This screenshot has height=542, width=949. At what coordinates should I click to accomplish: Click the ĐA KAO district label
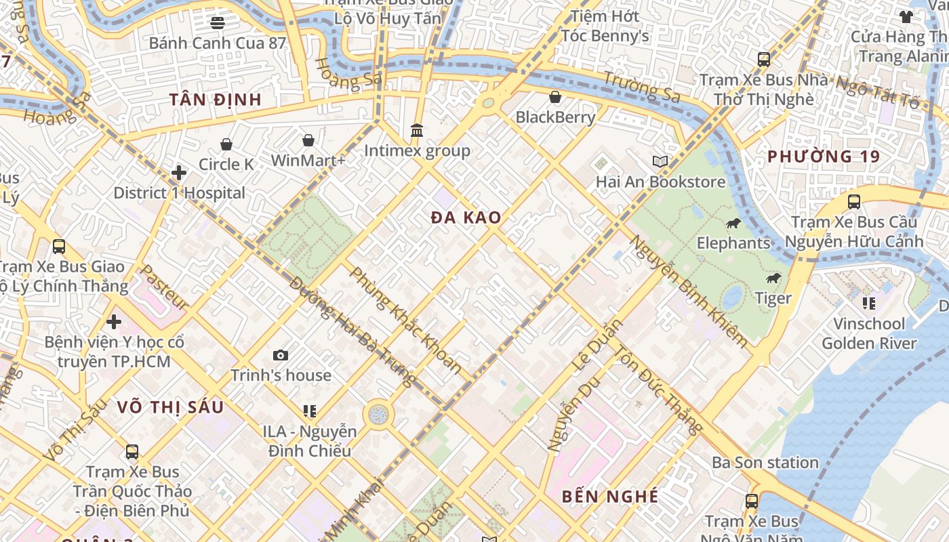(x=466, y=217)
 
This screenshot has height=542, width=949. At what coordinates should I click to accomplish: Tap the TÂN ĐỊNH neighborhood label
(x=215, y=100)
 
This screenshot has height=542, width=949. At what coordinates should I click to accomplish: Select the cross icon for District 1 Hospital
(x=179, y=173)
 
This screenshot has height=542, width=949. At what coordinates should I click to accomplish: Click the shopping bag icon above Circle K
(x=226, y=144)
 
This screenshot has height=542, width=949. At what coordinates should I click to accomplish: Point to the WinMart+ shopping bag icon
(x=308, y=140)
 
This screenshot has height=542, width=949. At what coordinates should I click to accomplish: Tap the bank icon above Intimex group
(x=417, y=130)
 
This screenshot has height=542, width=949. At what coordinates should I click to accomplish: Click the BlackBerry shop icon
(x=555, y=97)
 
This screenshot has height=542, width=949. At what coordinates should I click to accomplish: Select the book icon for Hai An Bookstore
(x=660, y=161)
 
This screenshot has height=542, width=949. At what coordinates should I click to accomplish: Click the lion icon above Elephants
(x=733, y=223)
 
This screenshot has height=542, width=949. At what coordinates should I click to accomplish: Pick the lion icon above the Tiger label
(x=773, y=278)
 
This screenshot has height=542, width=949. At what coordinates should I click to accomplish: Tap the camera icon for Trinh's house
(x=281, y=355)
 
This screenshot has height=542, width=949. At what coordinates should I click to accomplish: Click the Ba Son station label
(x=765, y=463)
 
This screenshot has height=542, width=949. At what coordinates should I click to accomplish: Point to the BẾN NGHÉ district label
(x=609, y=497)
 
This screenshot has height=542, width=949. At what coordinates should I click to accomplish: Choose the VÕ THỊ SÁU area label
(x=169, y=407)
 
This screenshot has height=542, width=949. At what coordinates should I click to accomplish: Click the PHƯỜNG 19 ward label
(x=824, y=157)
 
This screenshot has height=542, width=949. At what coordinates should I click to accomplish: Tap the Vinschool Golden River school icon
(x=868, y=303)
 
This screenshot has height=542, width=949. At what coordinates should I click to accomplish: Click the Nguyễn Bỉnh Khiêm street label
(x=689, y=291)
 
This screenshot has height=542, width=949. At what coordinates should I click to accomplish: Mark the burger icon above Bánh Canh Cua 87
(x=217, y=22)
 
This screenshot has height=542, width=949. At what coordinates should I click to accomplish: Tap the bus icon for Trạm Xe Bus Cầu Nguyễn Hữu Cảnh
(x=854, y=202)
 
